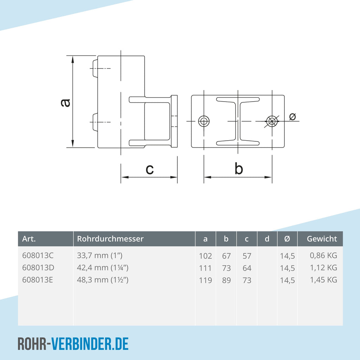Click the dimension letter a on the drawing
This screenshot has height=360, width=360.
coord(65,103)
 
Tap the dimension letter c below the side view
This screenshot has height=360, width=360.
coord(150,169)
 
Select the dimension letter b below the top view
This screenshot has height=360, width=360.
coord(239,168)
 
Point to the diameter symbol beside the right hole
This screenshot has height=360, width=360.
coord(292,117)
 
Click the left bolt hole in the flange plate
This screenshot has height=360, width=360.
coord(204,121)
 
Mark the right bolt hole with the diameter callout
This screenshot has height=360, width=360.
coord(272,121)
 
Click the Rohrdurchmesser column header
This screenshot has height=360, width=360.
coord(110,239)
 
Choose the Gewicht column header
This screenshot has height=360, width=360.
coord(322,239)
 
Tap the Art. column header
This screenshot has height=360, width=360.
coord(29,239)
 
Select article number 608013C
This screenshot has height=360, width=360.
coord(38,256)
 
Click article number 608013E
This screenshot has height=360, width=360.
coord(37,280)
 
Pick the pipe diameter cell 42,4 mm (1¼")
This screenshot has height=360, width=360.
coord(103,268)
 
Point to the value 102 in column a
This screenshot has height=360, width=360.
coord(205,256)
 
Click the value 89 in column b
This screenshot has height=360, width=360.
coord(226,280)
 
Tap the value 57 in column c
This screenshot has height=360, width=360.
coord(247,256)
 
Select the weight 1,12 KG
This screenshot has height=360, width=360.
coord(323,268)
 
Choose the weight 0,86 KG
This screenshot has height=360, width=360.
coord(323,256)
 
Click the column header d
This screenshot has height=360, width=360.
coord(267,239)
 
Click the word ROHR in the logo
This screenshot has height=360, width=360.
coord(32,344)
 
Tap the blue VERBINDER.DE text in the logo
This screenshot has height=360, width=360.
coord(90,344)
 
